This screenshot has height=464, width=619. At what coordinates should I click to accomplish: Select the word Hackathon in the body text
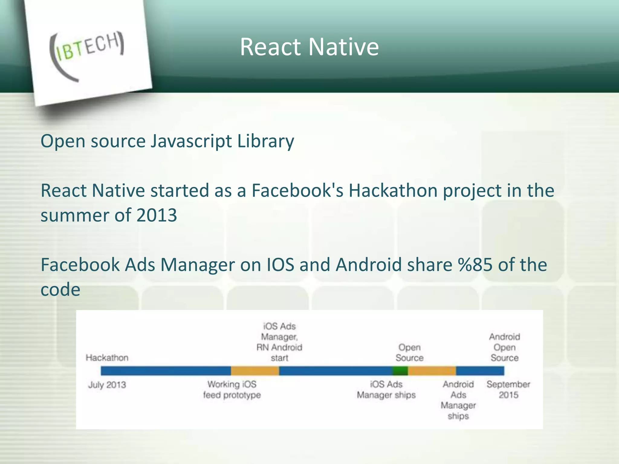tap(393, 191)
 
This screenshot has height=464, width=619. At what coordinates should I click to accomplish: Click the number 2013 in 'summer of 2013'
tap(156, 215)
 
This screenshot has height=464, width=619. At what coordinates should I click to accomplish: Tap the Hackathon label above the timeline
tap(107, 358)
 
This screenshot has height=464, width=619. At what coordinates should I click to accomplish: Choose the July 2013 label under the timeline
tap(107, 385)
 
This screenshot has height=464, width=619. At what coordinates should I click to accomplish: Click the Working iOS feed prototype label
tap(232, 390)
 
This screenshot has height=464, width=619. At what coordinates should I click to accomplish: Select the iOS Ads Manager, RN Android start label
tap(279, 342)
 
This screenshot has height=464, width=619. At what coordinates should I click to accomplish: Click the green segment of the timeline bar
tap(400, 371)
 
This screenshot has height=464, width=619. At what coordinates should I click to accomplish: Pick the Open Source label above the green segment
tap(410, 353)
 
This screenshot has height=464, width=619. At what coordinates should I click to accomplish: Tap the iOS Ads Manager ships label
tap(386, 390)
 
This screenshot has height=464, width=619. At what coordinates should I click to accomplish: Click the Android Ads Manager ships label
tap(458, 400)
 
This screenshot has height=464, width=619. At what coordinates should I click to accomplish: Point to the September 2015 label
tap(508, 390)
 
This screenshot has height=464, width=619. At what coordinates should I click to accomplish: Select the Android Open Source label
tap(504, 347)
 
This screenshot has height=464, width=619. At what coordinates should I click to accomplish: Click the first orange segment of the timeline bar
tap(255, 371)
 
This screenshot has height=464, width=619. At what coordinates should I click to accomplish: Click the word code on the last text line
tap(60, 290)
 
